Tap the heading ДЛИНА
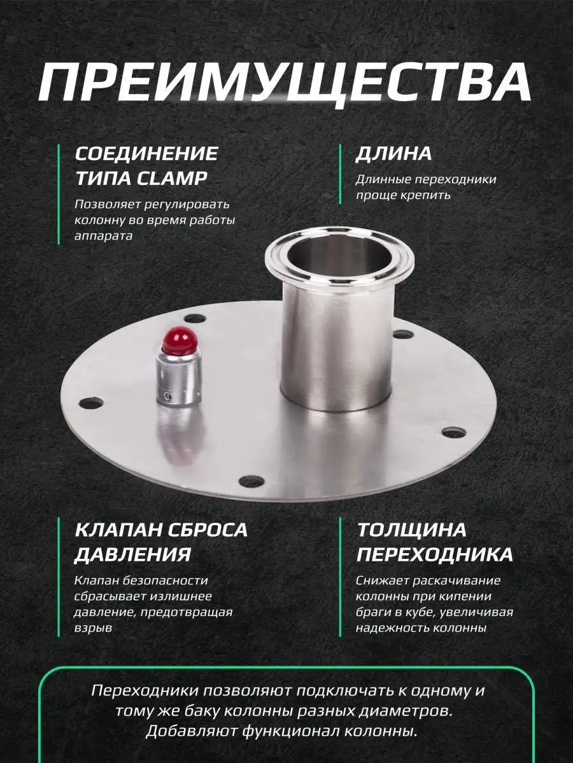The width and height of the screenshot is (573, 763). pyautogui.click(x=393, y=153)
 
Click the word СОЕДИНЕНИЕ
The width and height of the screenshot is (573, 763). pyautogui.click(x=146, y=153)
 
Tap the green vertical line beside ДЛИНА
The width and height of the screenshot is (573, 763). pyautogui.click(x=340, y=174)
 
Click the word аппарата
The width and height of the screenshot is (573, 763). pyautogui.click(x=103, y=236)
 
